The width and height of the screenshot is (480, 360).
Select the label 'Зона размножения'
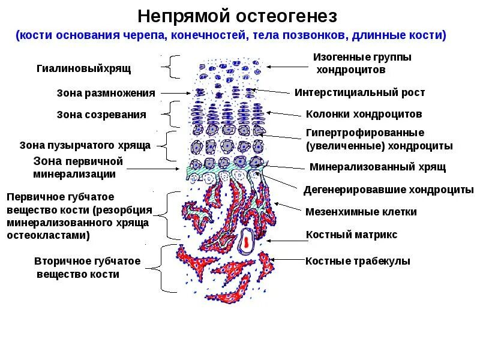point(106,93)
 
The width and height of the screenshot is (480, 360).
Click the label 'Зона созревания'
point(101,115)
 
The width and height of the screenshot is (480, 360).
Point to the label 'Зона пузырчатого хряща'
point(85,145)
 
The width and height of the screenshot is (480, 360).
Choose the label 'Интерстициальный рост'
point(359,92)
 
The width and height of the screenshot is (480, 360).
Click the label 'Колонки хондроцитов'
point(364,114)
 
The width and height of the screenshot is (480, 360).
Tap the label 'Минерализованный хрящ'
point(377,167)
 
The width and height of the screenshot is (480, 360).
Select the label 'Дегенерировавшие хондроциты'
point(388,190)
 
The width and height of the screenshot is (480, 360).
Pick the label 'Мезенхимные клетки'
point(361,212)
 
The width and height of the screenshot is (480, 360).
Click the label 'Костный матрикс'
point(351,235)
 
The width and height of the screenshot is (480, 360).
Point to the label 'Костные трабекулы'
point(358,261)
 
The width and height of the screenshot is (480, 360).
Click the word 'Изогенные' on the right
point(338,57)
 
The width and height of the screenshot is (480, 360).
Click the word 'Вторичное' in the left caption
point(62,261)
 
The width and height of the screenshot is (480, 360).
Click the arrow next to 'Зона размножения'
point(177,93)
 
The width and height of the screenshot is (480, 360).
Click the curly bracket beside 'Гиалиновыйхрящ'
point(173,67)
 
